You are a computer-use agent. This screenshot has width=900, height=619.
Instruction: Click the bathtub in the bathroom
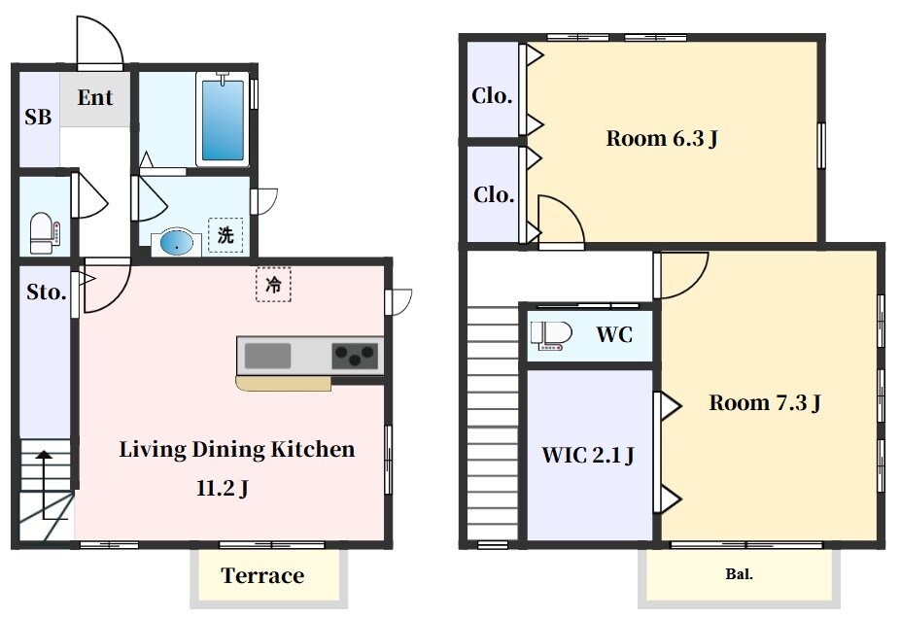point(223,119)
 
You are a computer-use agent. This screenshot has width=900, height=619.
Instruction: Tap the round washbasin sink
point(176,243)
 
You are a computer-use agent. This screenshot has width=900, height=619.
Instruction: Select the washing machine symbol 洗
point(225,234)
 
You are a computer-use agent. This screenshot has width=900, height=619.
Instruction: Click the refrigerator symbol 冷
point(273,285)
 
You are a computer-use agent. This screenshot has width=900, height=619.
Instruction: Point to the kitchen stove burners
point(355,356)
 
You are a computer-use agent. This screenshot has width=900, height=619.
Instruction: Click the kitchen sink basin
point(267,356)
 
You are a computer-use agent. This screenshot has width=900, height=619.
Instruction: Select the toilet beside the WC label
point(551,335)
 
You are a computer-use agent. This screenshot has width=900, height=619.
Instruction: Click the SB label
point(38,117)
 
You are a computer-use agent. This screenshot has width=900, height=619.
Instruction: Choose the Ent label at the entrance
point(95,97)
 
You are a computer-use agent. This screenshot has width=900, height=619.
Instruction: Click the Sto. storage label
point(47,292)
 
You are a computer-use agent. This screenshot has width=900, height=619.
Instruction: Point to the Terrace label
point(262,575)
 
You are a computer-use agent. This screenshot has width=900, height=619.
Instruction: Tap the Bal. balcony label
point(740,573)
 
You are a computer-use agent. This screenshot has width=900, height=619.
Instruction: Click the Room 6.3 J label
point(662,138)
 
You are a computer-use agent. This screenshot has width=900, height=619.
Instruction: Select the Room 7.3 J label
point(765,402)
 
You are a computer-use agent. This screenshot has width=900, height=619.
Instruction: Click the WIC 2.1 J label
point(588,455)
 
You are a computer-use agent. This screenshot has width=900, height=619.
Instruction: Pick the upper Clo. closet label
point(492,95)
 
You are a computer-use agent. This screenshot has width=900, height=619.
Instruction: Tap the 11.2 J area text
point(223,489)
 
